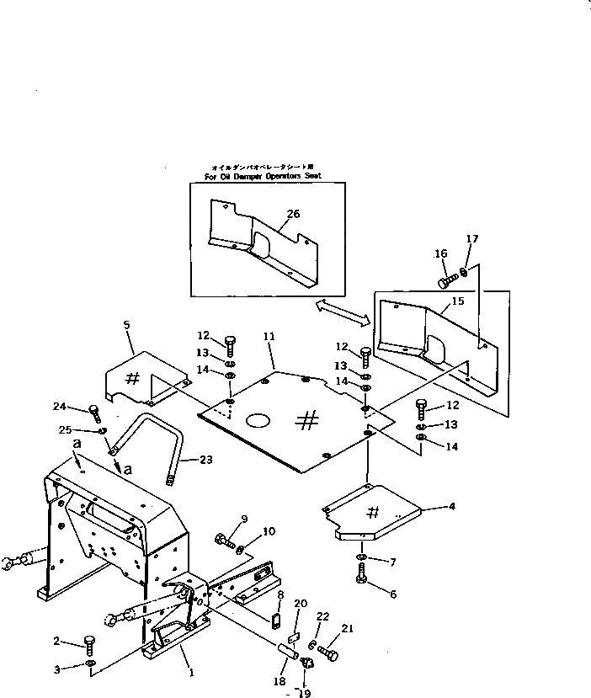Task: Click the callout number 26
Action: point(292,214)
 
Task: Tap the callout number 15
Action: point(457,301)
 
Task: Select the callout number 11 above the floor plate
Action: point(269,336)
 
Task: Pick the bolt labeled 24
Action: point(95,413)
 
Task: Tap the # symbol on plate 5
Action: point(131,378)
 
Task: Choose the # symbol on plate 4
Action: point(374,514)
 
